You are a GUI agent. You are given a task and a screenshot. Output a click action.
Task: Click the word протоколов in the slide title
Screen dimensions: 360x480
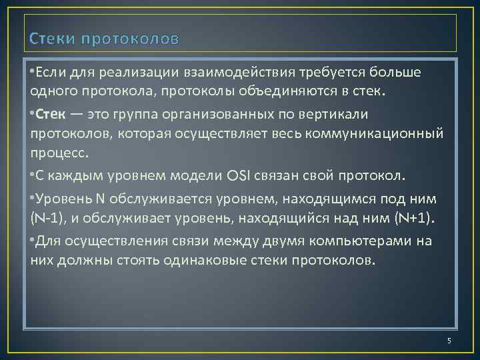click(130, 39)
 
